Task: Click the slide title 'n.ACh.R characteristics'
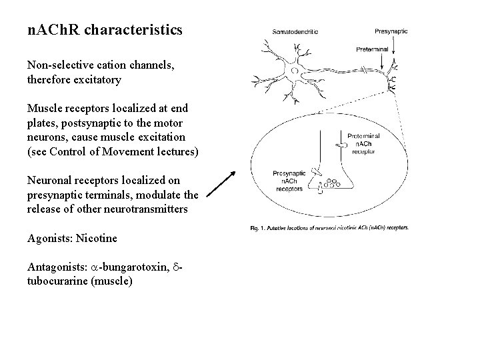click(105, 31)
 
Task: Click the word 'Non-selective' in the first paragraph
click(56, 65)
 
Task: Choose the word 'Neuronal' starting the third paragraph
click(48, 180)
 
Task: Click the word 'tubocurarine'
click(55, 281)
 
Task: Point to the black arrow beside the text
click(219, 183)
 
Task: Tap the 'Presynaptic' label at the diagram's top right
click(392, 31)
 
